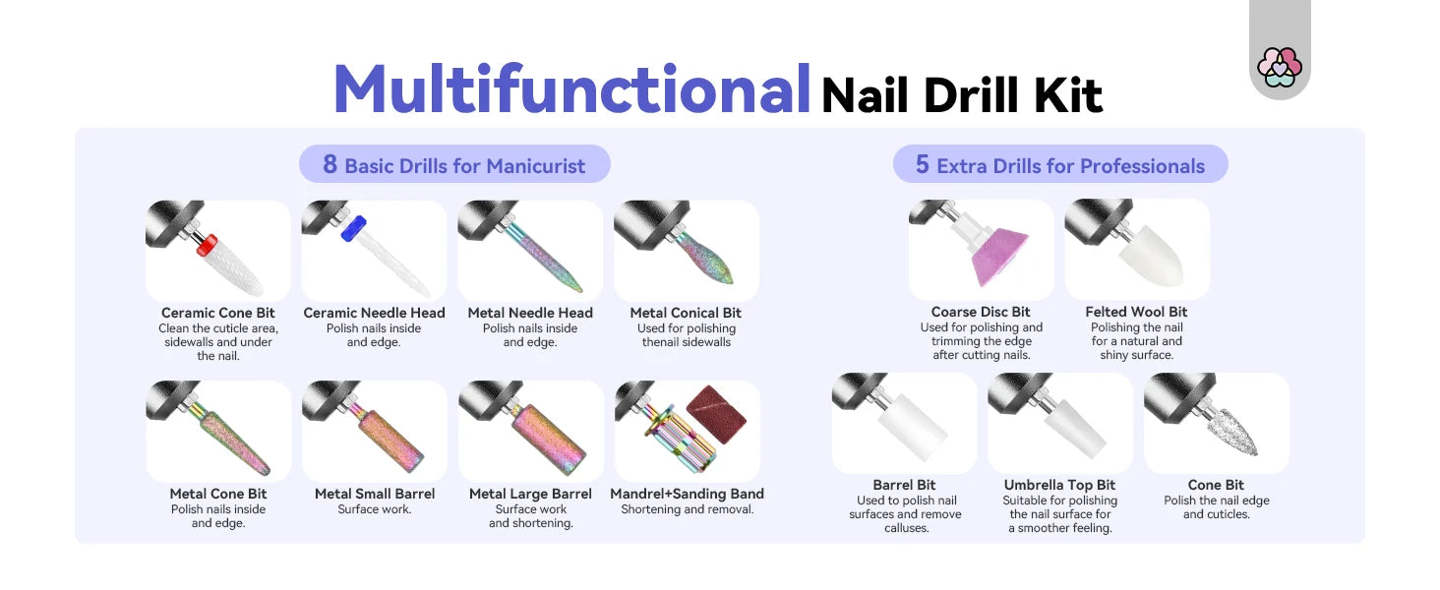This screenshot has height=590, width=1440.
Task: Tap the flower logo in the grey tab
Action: click(x=1280, y=68)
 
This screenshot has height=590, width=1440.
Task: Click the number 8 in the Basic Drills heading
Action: click(x=330, y=164)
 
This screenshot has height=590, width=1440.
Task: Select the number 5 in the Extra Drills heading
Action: click(x=922, y=164)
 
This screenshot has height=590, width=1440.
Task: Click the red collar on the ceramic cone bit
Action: click(x=207, y=246)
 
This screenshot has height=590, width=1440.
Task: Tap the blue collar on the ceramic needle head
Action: click(x=353, y=228)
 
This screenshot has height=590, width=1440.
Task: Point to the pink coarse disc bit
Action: click(x=1000, y=256)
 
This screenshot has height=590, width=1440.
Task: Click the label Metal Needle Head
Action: click(x=530, y=313)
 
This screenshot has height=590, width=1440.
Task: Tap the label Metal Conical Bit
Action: click(x=686, y=313)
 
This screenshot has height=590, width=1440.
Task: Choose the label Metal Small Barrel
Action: click(x=375, y=494)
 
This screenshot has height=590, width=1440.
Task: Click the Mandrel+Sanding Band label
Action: click(x=687, y=494)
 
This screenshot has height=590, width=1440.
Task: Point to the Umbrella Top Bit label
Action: click(x=1059, y=485)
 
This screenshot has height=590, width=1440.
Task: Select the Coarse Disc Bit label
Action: click(x=981, y=312)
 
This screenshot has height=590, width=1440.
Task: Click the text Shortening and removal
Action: click(x=687, y=509)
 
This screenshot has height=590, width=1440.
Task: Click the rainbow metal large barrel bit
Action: click(x=549, y=439)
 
